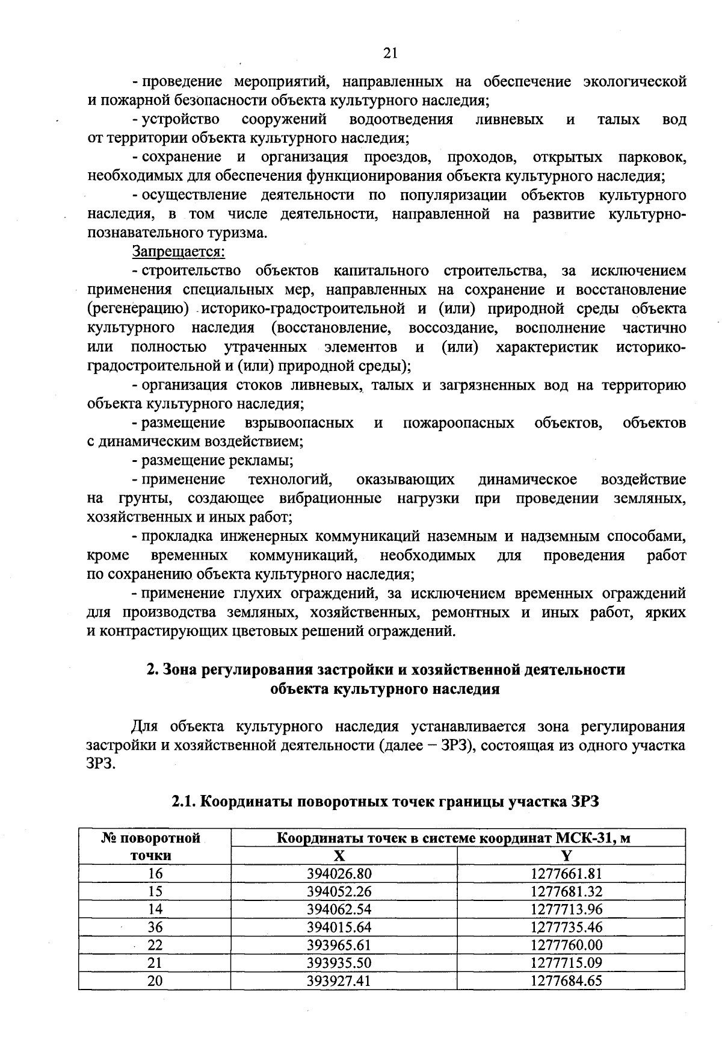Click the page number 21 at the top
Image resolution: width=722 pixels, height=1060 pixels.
point(390,54)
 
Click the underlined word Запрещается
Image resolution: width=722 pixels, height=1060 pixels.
point(178,252)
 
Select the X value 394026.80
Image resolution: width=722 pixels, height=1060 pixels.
point(339,873)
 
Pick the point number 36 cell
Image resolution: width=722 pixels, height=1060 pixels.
point(155,927)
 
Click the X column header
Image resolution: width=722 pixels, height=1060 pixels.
point(339,856)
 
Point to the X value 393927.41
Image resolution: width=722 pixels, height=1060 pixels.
point(339,980)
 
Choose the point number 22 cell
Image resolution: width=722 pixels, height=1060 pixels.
point(155,944)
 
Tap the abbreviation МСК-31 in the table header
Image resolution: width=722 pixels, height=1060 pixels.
point(583,838)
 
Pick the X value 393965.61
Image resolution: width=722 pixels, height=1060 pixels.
point(339,944)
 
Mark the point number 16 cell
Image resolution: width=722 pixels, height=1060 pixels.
point(155,873)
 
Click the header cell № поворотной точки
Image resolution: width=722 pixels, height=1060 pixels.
point(155,846)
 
